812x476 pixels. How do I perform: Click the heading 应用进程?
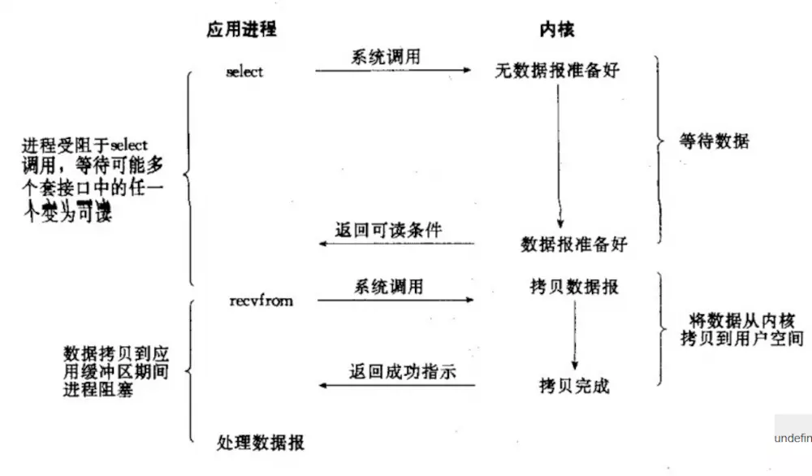[241, 30]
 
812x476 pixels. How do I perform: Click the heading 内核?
[558, 30]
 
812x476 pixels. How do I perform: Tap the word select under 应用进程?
[244, 71]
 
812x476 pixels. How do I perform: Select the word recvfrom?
[261, 301]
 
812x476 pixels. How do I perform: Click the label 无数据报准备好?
[557, 71]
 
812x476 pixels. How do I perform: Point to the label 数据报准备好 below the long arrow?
[574, 243]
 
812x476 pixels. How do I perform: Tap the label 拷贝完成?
[573, 385]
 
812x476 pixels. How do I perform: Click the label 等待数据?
[714, 141]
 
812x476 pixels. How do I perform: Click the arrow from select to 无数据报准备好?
[393, 71]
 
